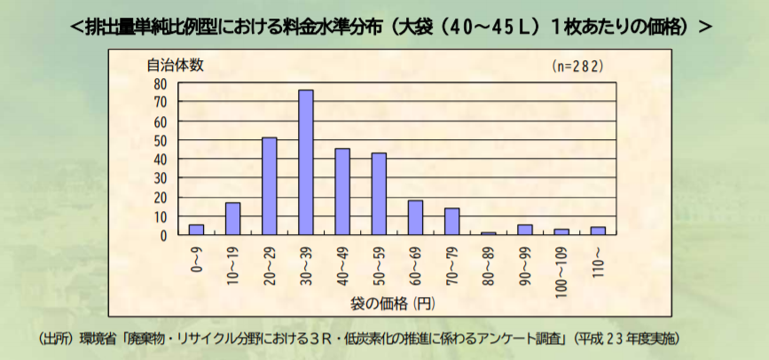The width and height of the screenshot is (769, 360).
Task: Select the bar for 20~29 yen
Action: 270,186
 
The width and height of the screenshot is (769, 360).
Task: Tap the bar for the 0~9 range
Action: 196,230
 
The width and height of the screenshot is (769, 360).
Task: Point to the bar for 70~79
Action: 452,222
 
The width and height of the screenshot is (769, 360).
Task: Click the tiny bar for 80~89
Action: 489,233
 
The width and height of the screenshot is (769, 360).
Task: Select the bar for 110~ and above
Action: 598,231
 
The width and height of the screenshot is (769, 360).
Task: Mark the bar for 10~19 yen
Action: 232,219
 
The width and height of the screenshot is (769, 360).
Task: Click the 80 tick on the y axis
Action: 160,83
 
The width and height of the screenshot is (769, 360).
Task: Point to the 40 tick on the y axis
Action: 160,160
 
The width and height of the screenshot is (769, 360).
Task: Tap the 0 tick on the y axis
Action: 163,236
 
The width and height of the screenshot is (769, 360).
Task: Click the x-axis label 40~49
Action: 342,263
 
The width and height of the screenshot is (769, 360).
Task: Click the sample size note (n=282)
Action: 577,67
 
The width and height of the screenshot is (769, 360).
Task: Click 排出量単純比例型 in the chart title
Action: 136,27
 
